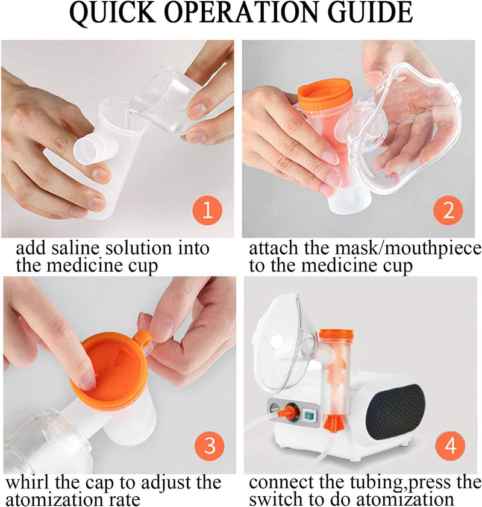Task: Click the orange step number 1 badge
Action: tap(207, 210)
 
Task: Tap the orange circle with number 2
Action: tap(448, 210)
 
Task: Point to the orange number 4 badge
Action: tap(448, 446)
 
